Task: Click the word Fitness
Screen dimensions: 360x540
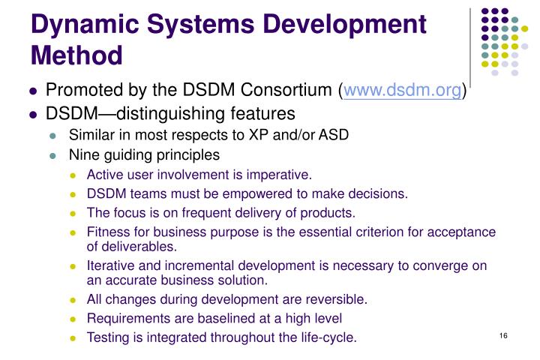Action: click(x=107, y=232)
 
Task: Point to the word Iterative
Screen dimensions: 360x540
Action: click(x=111, y=265)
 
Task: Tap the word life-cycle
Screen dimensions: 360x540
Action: click(x=328, y=337)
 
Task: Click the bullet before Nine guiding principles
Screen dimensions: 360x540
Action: click(x=53, y=156)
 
